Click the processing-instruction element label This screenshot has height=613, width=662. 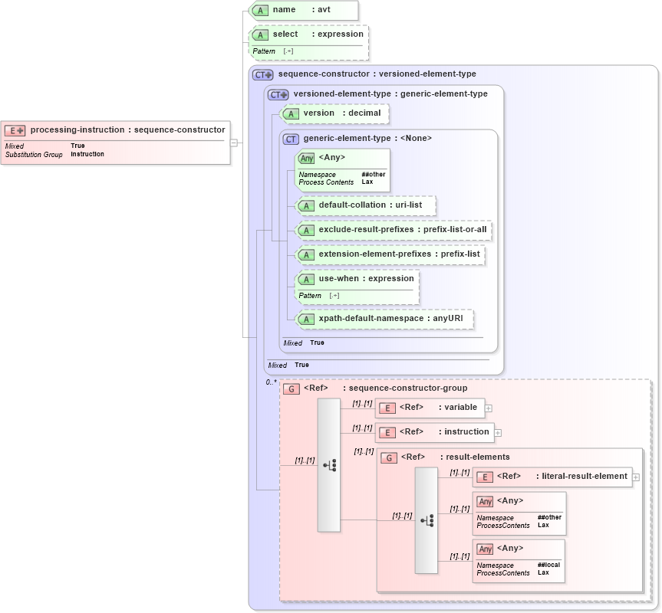tap(127, 130)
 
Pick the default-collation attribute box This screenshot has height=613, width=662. tap(365, 205)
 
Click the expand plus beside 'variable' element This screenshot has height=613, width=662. tap(489, 408)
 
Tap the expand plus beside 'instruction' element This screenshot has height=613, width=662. tap(498, 433)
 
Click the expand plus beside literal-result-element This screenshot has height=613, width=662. tap(636, 477)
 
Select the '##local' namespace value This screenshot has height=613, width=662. tap(548, 565)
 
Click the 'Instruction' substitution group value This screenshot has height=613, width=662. tap(87, 154)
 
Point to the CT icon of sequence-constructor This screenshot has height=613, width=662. tap(263, 74)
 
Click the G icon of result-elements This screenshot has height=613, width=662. tap(389, 457)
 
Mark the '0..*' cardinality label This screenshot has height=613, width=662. tap(271, 382)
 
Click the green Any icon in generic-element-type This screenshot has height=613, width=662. tap(307, 158)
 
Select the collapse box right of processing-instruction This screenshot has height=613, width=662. tap(233, 143)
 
